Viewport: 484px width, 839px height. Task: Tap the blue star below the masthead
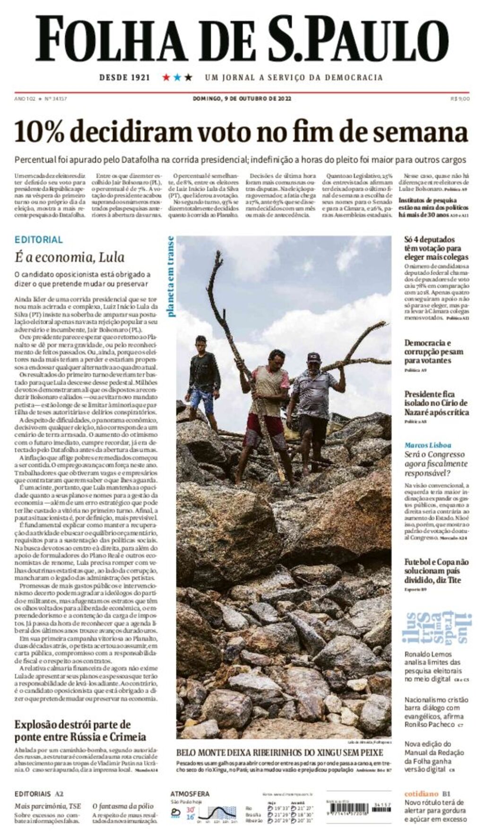[177, 77]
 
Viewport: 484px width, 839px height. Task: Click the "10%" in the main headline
[39, 132]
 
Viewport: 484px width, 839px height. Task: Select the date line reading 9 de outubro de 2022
[242, 98]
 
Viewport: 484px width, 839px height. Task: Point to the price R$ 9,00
[460, 98]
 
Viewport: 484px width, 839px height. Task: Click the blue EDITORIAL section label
[39, 239]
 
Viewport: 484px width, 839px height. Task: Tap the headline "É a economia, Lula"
[69, 257]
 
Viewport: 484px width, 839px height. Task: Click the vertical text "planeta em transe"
[170, 276]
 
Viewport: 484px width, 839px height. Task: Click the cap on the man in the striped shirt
[314, 357]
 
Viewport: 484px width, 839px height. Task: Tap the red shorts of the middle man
[265, 428]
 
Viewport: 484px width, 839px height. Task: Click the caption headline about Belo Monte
[279, 752]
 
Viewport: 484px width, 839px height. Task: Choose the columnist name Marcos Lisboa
[428, 445]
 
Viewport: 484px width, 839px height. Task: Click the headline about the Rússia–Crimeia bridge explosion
[80, 731]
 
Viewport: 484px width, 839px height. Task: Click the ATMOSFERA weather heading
[190, 794]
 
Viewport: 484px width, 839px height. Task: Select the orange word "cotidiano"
[422, 794]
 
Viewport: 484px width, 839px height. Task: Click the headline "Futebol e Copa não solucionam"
[436, 571]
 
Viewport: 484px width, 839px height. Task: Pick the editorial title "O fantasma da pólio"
[123, 806]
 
